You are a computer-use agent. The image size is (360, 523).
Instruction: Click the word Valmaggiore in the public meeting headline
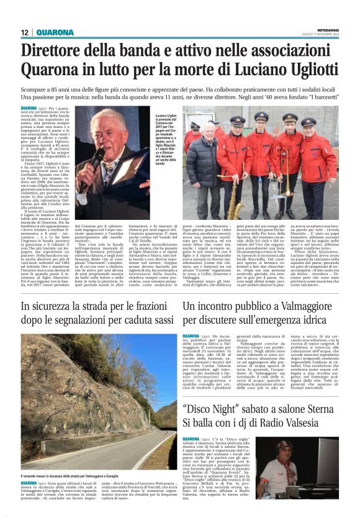pyautogui.click(x=303, y=307)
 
